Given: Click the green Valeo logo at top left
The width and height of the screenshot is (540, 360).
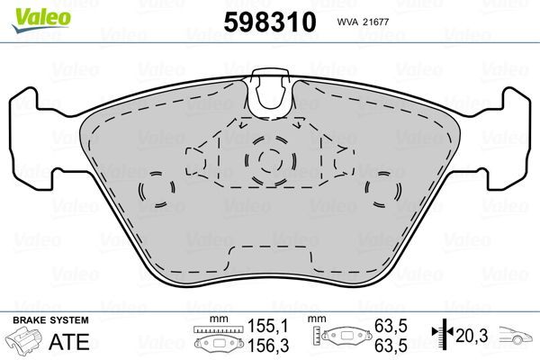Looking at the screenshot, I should (31, 10).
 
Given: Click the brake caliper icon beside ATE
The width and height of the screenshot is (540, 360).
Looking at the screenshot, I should (28, 341).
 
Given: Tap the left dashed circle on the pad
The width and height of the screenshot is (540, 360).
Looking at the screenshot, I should (158, 190).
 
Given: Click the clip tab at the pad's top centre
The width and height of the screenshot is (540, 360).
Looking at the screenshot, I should (271, 93).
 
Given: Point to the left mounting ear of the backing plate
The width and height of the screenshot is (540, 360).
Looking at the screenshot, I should (27, 139).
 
